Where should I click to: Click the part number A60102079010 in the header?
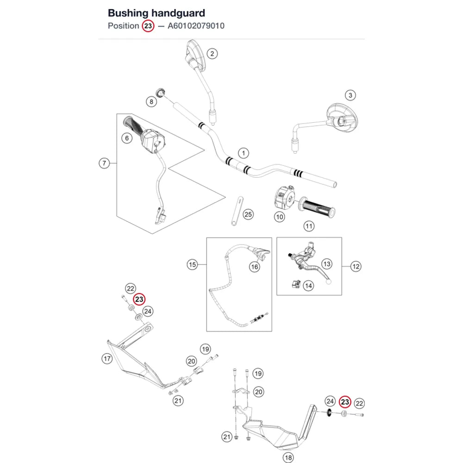pos(196,26)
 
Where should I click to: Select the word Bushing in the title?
pos(128,13)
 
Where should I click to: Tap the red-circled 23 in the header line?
pos(148,26)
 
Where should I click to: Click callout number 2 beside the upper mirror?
pos(212,54)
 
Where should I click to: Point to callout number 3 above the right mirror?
pos(350,95)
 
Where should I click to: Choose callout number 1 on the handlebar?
pos(244,153)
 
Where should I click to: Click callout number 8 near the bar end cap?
pos(151,102)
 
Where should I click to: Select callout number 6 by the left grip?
pos(127,138)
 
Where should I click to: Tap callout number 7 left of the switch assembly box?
pos(104,163)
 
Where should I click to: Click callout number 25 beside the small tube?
pos(248,214)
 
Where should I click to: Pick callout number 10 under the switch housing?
pos(279,217)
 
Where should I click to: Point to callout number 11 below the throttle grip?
pos(309,226)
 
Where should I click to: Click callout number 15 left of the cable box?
pos(192,264)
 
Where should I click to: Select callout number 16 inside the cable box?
pos(254,267)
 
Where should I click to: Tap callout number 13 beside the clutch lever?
pos(326,264)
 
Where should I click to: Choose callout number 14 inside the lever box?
pos(308,286)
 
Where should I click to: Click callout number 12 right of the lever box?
pos(356,267)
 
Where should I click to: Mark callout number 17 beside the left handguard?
pos(107,359)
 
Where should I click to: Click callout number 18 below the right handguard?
pos(288,458)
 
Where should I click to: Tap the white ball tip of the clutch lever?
pos(328,282)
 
